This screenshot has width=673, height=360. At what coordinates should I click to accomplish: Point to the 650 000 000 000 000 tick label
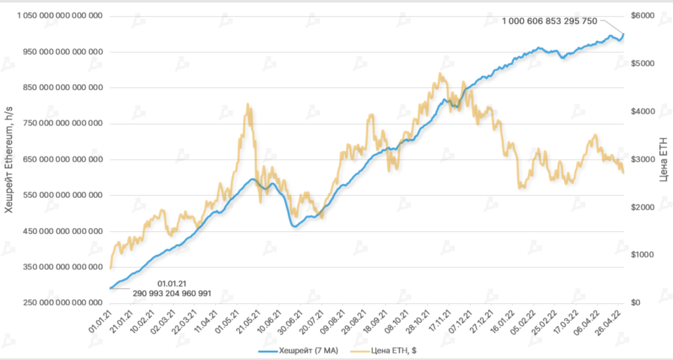pos(60,159)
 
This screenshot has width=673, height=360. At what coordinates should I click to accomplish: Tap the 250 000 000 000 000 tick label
pos(60,303)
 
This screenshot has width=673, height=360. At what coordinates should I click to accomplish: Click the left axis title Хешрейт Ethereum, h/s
pos(9,159)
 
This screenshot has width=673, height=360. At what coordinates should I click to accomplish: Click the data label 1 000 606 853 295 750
pos(549,21)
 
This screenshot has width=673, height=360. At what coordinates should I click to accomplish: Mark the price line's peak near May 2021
pos(247,104)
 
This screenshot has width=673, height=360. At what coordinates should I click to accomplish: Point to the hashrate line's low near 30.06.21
pos(294,227)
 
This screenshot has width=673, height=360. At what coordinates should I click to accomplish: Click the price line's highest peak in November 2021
pos(440,74)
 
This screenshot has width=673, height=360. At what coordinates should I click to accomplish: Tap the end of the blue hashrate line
pos(624,34)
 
